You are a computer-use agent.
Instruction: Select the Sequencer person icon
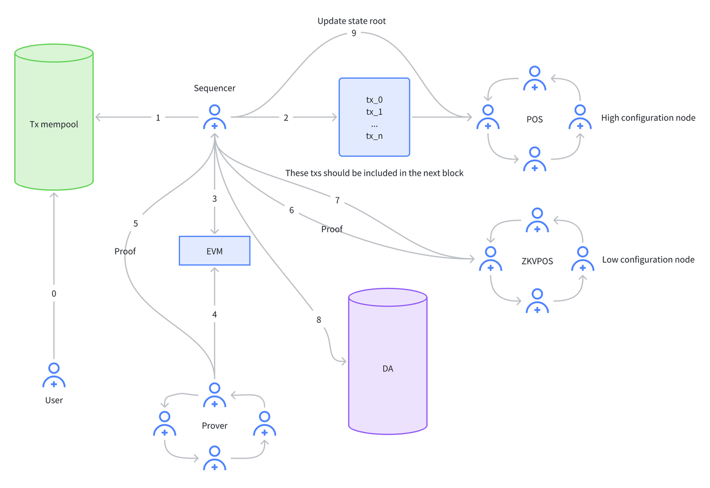click(x=215, y=117)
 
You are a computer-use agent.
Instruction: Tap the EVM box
click(x=215, y=251)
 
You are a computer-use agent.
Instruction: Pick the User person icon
click(x=54, y=375)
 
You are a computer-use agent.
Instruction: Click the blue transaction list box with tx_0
click(x=374, y=117)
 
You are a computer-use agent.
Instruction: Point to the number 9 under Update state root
click(x=354, y=33)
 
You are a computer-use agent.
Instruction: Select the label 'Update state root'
click(x=352, y=21)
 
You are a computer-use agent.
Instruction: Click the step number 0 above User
click(x=54, y=293)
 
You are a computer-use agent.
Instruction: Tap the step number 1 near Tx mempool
click(x=158, y=118)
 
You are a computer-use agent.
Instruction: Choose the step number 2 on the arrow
click(x=286, y=118)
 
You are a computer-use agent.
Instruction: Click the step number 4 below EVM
click(x=215, y=314)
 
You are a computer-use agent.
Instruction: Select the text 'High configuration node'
click(x=648, y=118)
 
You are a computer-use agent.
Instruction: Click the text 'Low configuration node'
click(x=648, y=260)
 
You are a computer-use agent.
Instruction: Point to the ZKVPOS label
click(x=537, y=260)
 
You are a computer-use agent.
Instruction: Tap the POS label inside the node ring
click(x=534, y=119)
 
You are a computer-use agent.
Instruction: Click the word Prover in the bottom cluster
click(x=215, y=425)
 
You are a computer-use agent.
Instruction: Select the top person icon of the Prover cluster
click(x=215, y=395)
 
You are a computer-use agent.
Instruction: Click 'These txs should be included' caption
click(x=374, y=173)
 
